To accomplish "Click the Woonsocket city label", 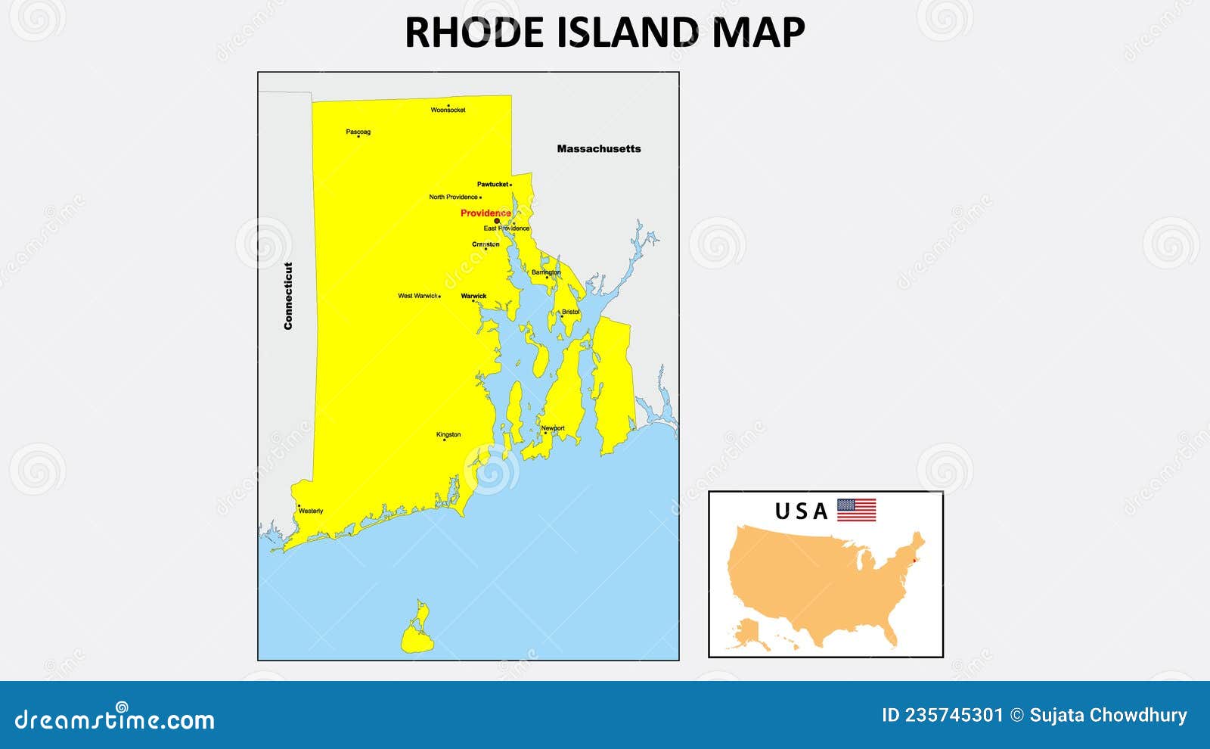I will [448, 110].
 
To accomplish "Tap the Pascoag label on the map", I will [358, 132].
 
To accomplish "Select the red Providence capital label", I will [486, 213].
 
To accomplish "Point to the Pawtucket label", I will [492, 184].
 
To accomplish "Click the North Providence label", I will [453, 197].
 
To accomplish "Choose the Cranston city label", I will [486, 244].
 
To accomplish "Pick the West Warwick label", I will [417, 296].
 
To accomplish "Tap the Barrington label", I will [546, 272].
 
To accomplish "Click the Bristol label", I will [570, 312].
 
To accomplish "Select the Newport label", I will [553, 428].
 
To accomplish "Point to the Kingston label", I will [448, 434].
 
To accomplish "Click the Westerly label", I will [311, 511].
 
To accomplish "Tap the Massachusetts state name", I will [598, 149].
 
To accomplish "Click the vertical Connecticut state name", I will [288, 296].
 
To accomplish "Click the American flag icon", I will [856, 511].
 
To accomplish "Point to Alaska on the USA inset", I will [750, 632].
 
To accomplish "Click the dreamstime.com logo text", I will [114, 719].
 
